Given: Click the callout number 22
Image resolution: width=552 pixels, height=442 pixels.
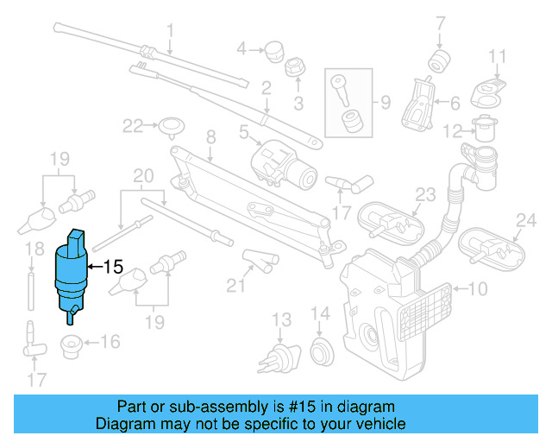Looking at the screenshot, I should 131,127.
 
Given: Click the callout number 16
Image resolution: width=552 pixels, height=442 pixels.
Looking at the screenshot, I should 110,343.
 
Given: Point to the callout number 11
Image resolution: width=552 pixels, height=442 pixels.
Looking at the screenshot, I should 497,58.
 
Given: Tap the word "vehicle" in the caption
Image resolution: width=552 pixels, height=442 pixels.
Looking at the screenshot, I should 379,424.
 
